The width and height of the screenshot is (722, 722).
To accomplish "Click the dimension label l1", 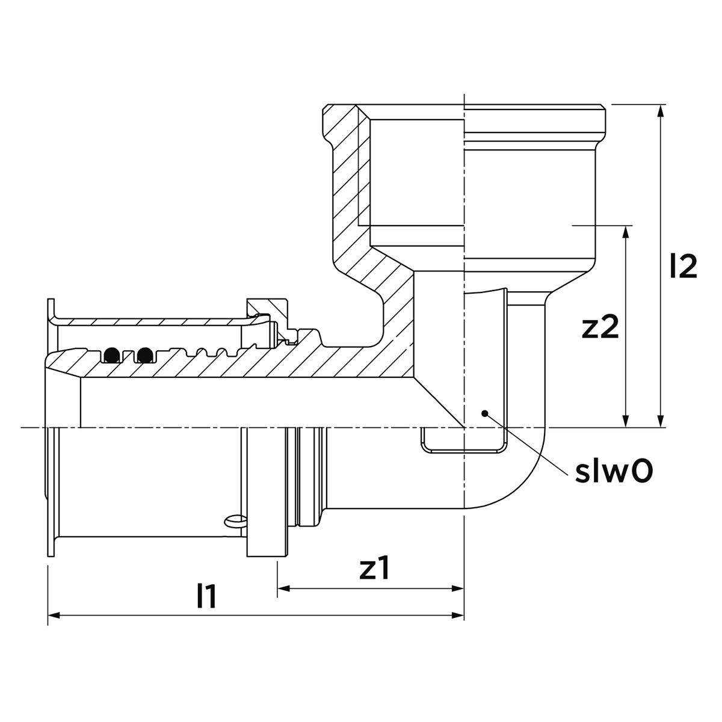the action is click(x=207, y=596).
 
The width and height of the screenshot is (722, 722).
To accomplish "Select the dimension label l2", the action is click(x=683, y=266).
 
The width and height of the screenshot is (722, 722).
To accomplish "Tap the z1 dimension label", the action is click(x=375, y=567).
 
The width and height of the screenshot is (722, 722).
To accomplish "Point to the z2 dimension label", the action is click(x=600, y=326).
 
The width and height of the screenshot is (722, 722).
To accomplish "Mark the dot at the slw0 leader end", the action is click(x=484, y=413).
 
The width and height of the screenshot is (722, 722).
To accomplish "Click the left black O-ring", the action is click(x=112, y=354).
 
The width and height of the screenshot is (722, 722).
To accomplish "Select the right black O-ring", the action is click(x=145, y=354).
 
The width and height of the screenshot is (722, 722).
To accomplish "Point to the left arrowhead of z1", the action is click(x=283, y=588).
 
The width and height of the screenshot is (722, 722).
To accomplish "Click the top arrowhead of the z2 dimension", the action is click(x=625, y=232).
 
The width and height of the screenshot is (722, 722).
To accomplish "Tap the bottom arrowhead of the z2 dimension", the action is click(x=625, y=421).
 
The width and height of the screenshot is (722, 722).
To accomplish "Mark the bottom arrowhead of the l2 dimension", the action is click(x=661, y=421).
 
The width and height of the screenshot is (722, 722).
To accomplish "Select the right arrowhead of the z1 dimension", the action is click(x=458, y=588).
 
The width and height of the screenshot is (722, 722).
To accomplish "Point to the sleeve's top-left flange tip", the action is click(x=51, y=300).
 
